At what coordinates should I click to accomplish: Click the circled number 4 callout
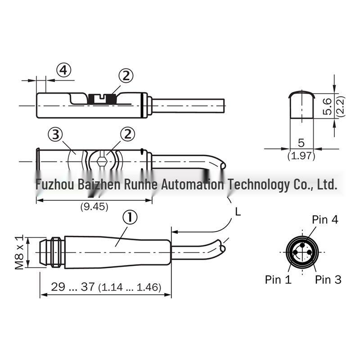click(64, 70)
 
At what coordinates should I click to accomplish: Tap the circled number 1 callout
click(130, 217)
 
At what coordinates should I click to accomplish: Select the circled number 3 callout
click(55, 135)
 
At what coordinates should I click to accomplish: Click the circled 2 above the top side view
click(126, 76)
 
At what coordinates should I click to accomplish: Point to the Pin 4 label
click(325, 220)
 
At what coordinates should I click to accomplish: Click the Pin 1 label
click(278, 279)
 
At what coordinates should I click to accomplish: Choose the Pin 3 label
click(328, 279)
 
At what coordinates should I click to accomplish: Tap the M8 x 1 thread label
click(19, 252)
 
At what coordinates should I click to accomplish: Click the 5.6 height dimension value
click(327, 106)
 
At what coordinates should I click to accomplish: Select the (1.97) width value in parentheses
click(301, 156)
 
